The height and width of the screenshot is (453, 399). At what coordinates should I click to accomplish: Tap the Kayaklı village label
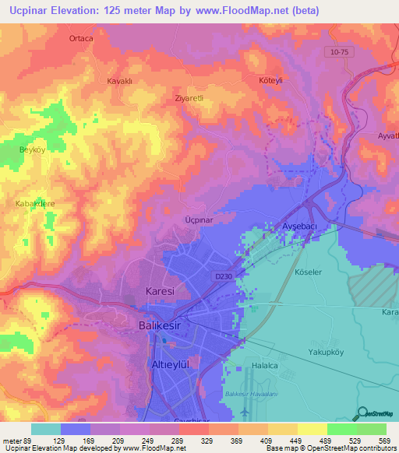pos(121,80)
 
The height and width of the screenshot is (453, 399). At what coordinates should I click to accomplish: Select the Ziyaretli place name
pos(188,99)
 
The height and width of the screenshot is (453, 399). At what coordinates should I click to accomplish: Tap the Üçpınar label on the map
pos(199,220)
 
